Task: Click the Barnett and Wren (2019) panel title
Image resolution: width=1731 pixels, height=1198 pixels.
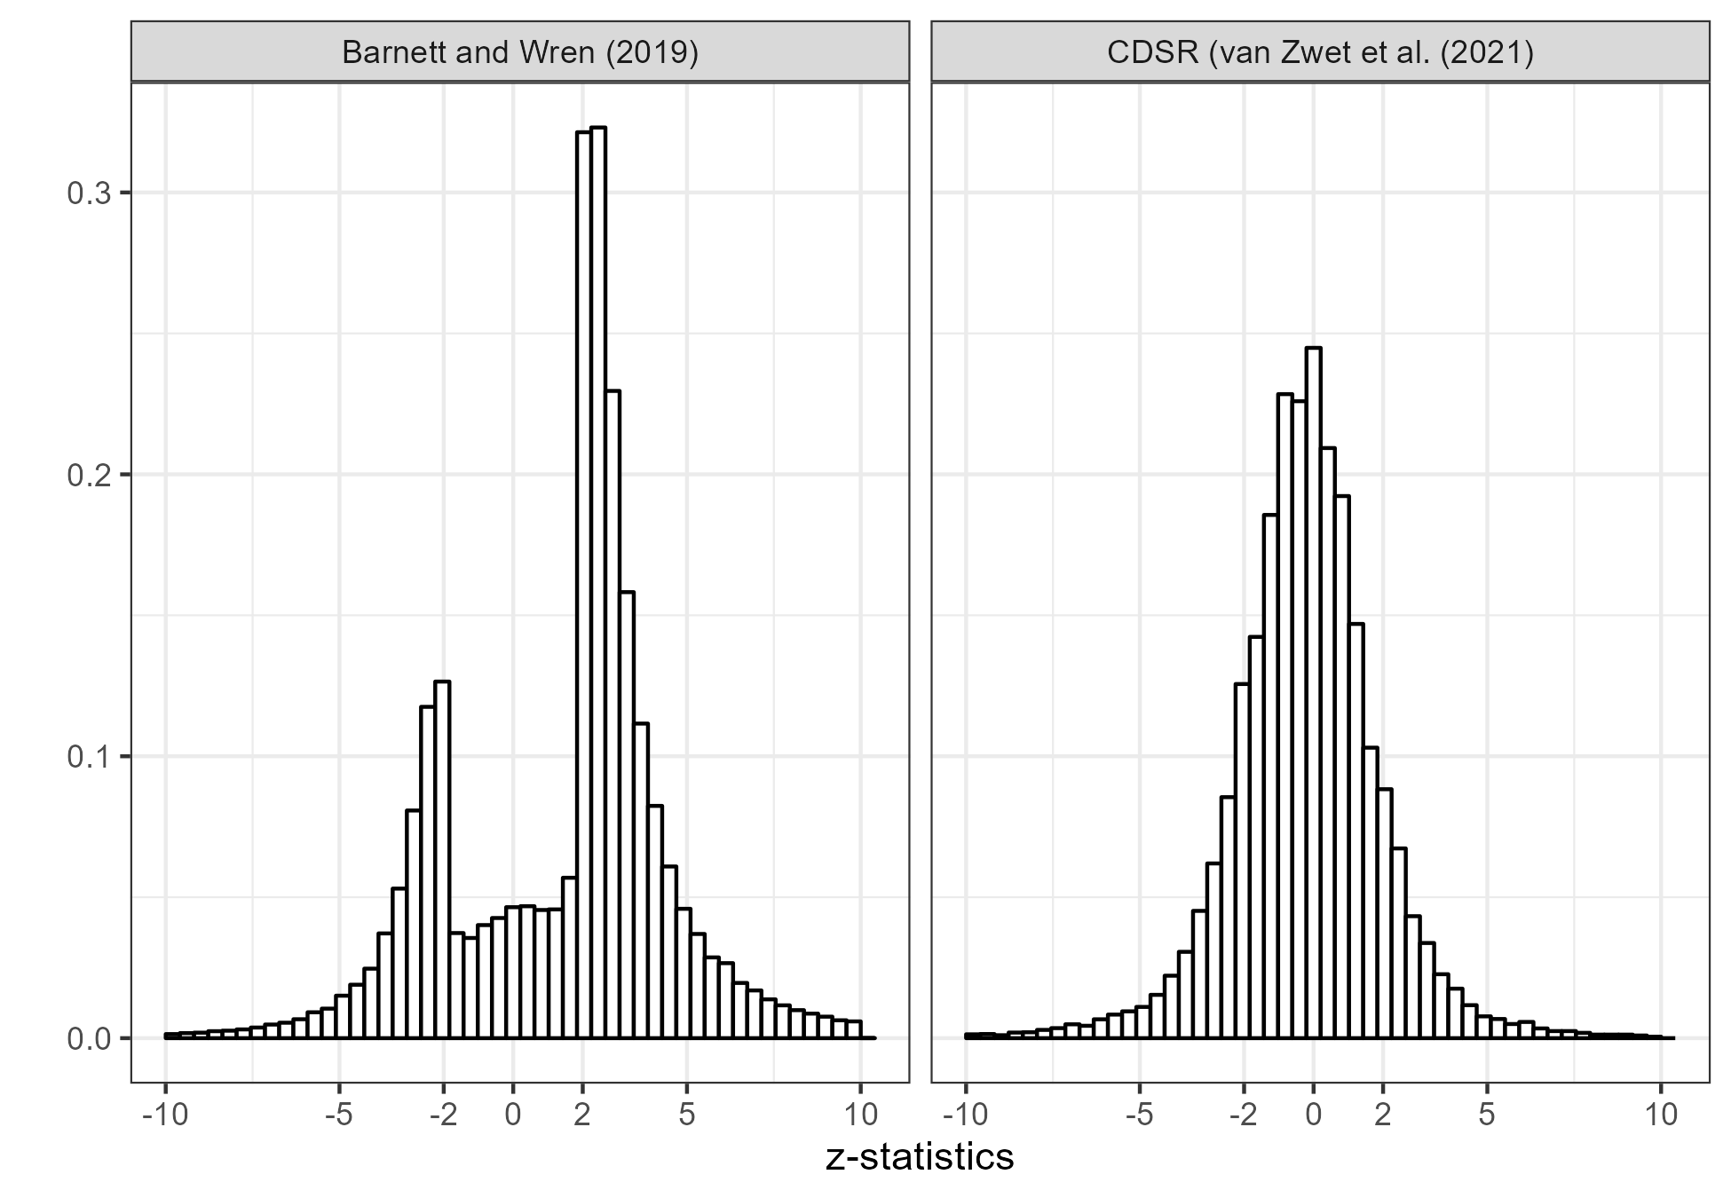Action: pyautogui.click(x=520, y=53)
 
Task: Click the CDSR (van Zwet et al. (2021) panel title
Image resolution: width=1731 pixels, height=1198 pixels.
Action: pyautogui.click(x=1320, y=53)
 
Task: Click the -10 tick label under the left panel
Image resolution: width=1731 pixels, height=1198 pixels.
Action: pyautogui.click(x=165, y=1115)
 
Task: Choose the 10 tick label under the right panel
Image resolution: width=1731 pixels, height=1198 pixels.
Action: pyautogui.click(x=1661, y=1115)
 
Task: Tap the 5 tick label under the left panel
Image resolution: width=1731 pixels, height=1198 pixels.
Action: pyautogui.click(x=686, y=1115)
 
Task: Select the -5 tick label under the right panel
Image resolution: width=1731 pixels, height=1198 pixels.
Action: pyautogui.click(x=1139, y=1115)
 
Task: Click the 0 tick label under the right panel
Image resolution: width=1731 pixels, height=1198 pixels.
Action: pyautogui.click(x=1313, y=1115)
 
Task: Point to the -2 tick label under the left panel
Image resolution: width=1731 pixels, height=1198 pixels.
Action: pyautogui.click(x=443, y=1115)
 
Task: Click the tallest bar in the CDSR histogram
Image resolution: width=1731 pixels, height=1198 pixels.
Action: pyautogui.click(x=1313, y=692)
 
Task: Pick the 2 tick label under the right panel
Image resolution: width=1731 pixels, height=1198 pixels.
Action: pyautogui.click(x=1382, y=1115)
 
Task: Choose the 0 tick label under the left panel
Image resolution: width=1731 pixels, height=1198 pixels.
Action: pyautogui.click(x=512, y=1115)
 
